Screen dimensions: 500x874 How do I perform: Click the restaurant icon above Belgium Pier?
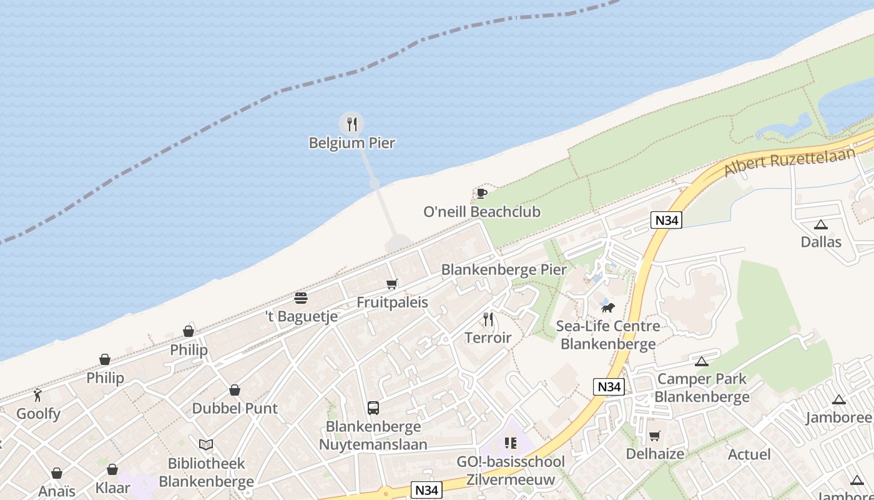[351, 124]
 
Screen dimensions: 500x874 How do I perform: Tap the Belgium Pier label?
[352, 143]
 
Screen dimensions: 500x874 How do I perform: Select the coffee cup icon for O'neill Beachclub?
[481, 193]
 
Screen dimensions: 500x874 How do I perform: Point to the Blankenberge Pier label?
[504, 270]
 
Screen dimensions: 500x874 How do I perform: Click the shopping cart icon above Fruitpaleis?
[392, 284]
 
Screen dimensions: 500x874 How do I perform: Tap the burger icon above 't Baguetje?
[301, 298]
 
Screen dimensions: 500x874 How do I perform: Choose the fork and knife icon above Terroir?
[488, 319]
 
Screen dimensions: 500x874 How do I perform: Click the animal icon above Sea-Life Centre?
[607, 307]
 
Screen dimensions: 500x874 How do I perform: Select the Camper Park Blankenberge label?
[702, 387]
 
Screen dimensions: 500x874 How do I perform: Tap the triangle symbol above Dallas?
[821, 224]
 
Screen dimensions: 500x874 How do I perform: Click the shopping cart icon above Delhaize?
[654, 436]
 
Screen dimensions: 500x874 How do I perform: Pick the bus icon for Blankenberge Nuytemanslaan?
[373, 408]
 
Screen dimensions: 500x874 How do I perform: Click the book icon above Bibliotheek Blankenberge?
[206, 445]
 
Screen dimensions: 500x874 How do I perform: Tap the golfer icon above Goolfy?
[38, 395]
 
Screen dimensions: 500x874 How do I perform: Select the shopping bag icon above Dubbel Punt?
[235, 391]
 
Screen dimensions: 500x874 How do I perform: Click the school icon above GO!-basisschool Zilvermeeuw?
[511, 443]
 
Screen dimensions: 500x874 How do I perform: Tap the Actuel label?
[749, 454]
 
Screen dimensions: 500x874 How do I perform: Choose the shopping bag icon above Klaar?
[112, 469]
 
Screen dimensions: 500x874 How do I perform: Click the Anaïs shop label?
[57, 491]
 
